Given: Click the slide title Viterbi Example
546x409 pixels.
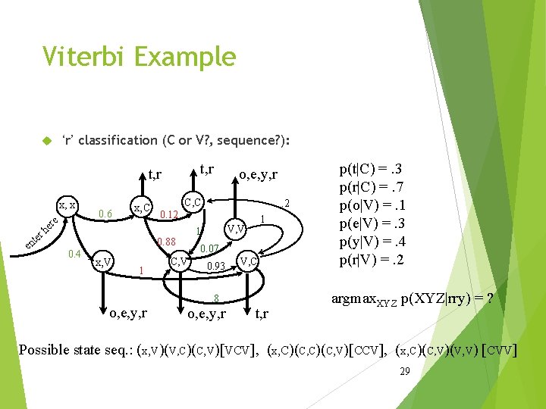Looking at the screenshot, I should tap(140, 57).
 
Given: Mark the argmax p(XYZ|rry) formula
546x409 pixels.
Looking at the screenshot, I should tap(413, 299).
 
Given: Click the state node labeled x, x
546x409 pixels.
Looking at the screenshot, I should tap(67, 205).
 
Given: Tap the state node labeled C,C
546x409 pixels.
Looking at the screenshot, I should tap(193, 202).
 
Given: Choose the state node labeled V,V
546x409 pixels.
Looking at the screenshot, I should tap(235, 228).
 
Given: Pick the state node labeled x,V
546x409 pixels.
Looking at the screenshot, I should tap(104, 262).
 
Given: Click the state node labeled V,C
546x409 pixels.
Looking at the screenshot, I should tap(249, 262).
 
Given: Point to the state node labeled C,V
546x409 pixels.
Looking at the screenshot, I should tap(179, 262).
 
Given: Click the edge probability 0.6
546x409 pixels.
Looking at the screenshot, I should tap(105, 214).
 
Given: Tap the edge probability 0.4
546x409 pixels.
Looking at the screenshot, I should tap(73, 253).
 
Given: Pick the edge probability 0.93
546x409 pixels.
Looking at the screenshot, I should tap(216, 266).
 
